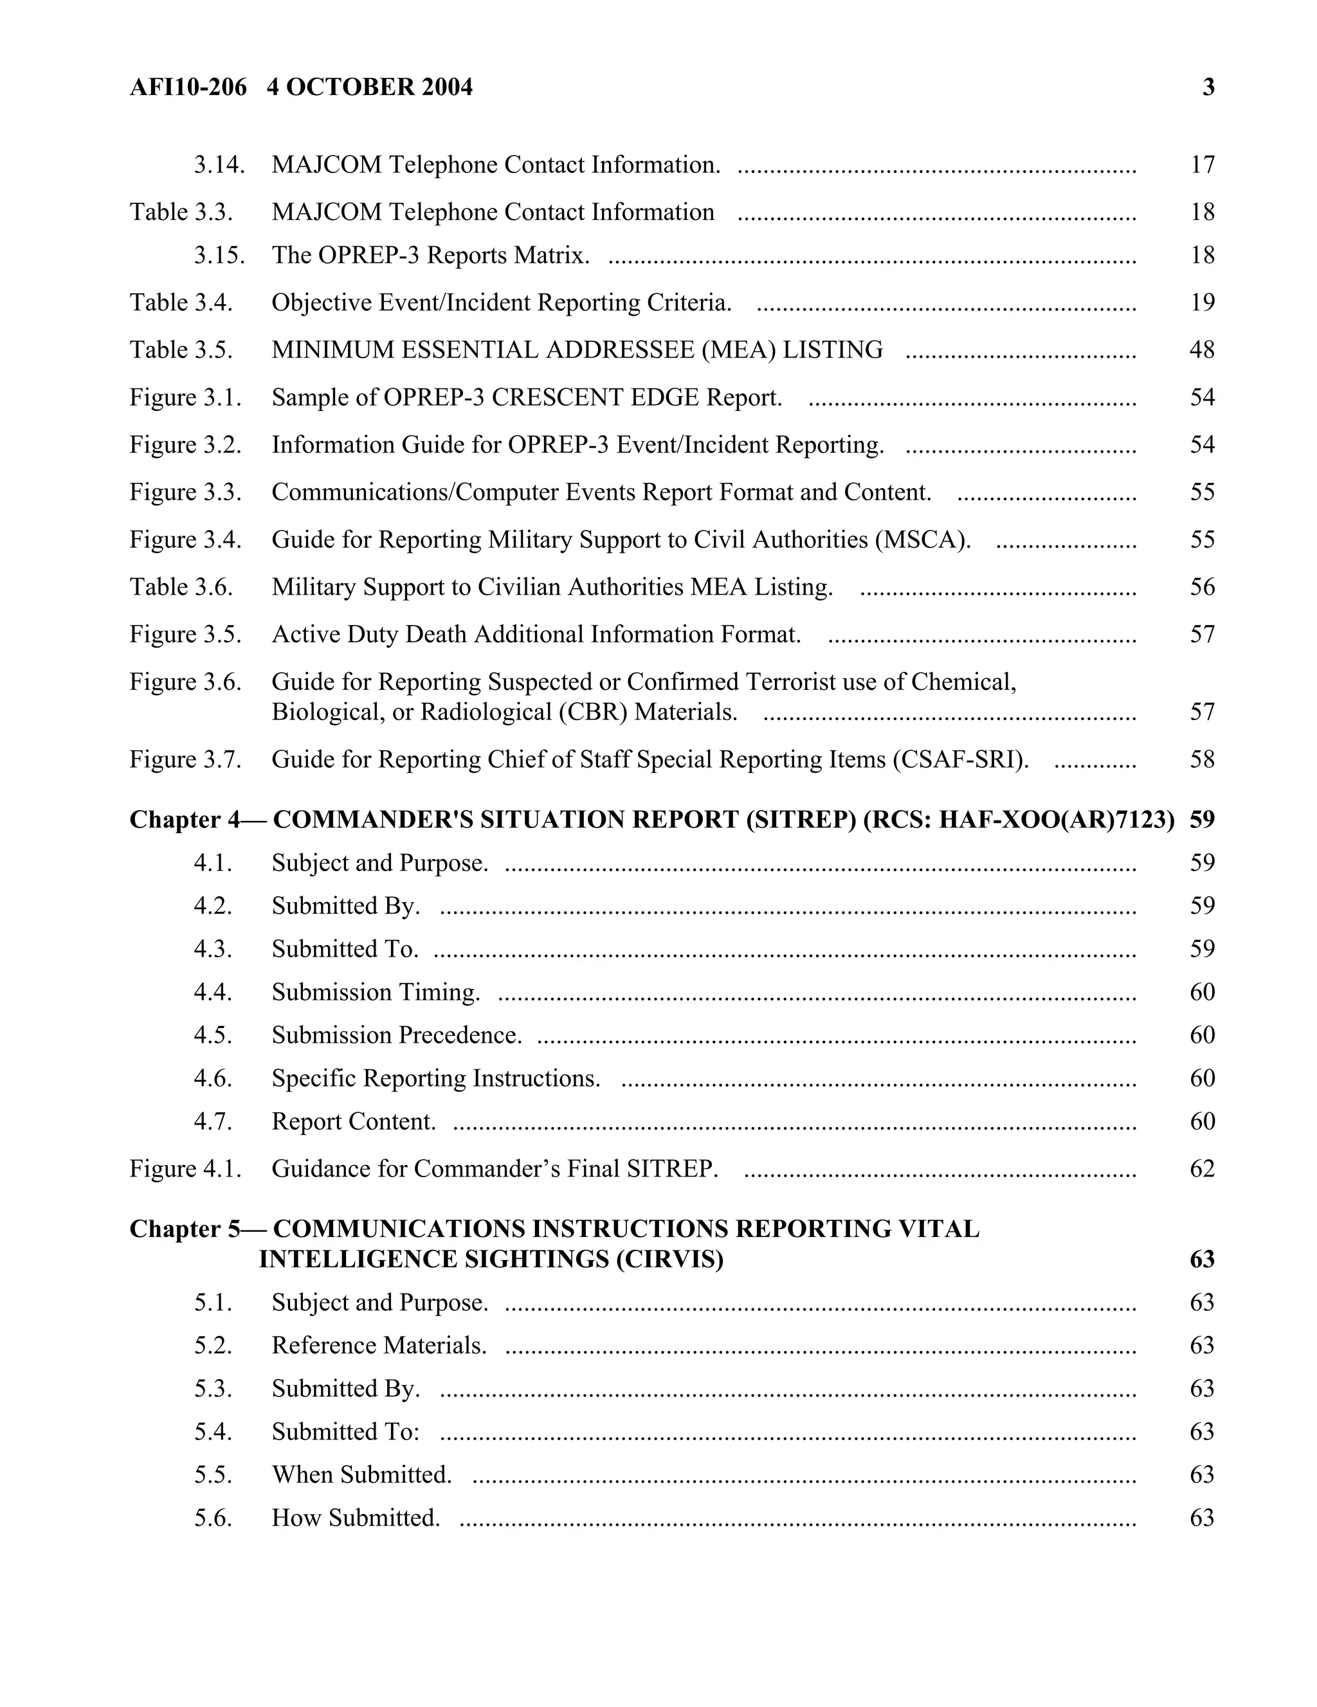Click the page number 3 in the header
pos(1208,87)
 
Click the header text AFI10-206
pos(188,87)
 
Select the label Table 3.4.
pos(181,302)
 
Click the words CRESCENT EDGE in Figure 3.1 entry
pos(595,397)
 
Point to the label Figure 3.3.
pos(185,492)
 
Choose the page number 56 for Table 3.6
pos(1201,587)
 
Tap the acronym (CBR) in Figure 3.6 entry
pos(594,712)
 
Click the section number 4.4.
pos(213,992)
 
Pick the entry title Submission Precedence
pos(396,1035)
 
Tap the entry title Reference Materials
pos(379,1345)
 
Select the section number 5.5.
pos(213,1474)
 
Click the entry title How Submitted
pos(356,1517)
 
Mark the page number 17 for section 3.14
pos(1202,165)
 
